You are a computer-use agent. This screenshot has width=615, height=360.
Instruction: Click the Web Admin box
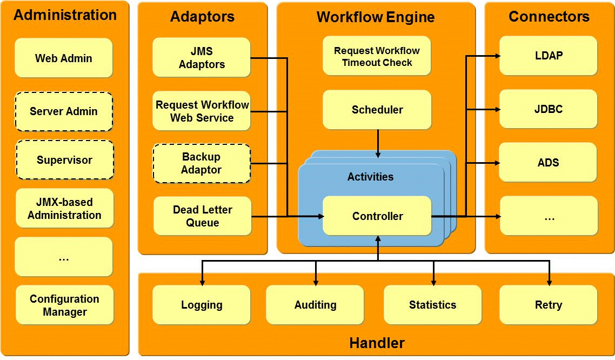pyautogui.click(x=64, y=58)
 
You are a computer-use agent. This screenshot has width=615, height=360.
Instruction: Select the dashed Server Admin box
pyautogui.click(x=64, y=111)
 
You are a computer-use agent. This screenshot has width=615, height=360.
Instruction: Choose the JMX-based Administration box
pyautogui.click(x=64, y=208)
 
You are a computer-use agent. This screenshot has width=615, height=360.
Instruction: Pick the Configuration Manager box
pyautogui.click(x=64, y=305)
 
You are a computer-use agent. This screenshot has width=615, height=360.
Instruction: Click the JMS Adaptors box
pyautogui.click(x=202, y=57)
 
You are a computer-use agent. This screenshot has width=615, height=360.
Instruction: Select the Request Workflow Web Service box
pyautogui.click(x=202, y=111)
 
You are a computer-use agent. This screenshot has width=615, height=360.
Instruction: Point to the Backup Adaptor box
pyautogui.click(x=202, y=163)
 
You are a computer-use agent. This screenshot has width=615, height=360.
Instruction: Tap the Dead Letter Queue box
pyautogui.click(x=203, y=216)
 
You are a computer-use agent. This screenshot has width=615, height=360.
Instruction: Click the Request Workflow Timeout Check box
pyautogui.click(x=377, y=56)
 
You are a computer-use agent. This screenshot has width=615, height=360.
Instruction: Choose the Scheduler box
pyautogui.click(x=377, y=110)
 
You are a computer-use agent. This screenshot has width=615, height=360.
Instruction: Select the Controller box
pyautogui.click(x=377, y=216)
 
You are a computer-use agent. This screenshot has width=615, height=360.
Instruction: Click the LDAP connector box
pyautogui.click(x=548, y=56)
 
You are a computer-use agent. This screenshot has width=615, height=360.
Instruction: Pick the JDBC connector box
pyautogui.click(x=548, y=109)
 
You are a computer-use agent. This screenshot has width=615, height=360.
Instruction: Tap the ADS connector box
pyautogui.click(x=548, y=162)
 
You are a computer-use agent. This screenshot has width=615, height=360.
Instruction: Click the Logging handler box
pyautogui.click(x=202, y=305)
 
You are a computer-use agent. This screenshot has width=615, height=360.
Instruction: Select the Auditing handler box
pyautogui.click(x=315, y=305)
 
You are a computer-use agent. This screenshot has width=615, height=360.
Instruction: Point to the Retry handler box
pyautogui.click(x=548, y=305)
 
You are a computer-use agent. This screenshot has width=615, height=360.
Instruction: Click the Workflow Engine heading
pyautogui.click(x=376, y=17)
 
